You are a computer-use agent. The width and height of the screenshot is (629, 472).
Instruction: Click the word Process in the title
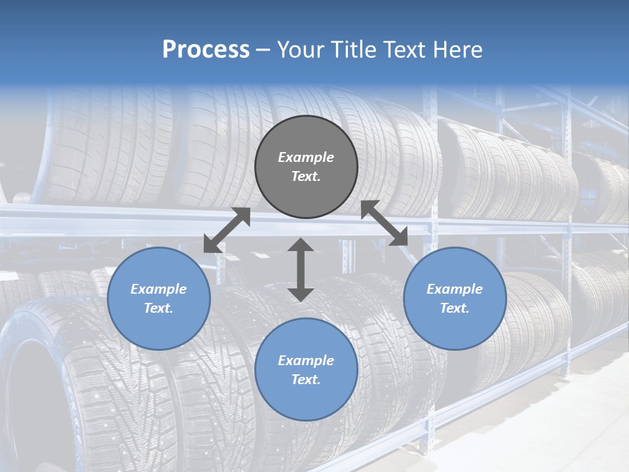click(x=206, y=50)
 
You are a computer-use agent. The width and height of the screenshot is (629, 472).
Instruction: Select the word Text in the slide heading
click(x=400, y=50)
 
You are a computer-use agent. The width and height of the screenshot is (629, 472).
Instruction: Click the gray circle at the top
click(x=306, y=167)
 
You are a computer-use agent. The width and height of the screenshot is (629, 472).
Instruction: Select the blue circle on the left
click(x=159, y=298)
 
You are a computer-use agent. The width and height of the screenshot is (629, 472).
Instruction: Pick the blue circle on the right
click(x=455, y=298)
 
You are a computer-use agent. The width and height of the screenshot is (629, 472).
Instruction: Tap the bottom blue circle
click(x=306, y=370)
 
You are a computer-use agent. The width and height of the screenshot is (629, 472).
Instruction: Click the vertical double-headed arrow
click(x=301, y=269)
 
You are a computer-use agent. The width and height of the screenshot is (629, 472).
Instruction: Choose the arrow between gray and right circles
click(x=385, y=223)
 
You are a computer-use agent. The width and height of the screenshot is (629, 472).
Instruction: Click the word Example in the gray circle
click(x=306, y=157)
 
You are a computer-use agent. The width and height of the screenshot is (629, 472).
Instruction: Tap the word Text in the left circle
click(x=159, y=308)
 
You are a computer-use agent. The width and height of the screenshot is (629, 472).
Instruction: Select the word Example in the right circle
click(x=455, y=289)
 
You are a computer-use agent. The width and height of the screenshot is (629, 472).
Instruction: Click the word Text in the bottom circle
click(x=306, y=380)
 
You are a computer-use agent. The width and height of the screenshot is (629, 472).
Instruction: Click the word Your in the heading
click(x=299, y=50)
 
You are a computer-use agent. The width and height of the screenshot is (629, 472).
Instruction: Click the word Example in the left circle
click(x=159, y=289)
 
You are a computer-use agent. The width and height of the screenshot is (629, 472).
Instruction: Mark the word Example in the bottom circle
click(x=306, y=361)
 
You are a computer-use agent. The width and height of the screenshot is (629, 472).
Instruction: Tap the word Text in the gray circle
click(x=306, y=176)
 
